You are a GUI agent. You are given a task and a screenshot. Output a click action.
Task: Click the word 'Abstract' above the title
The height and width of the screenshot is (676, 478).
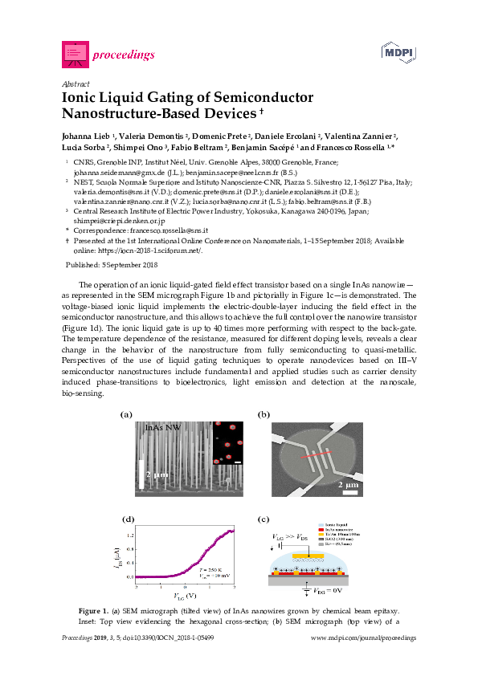click(75, 83)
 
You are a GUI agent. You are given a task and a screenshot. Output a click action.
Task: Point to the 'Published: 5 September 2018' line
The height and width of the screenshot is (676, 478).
click(111, 264)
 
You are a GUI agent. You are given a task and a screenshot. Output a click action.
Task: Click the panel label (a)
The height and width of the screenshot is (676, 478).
click(125, 414)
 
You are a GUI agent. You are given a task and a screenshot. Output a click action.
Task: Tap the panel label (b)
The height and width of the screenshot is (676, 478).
click(264, 414)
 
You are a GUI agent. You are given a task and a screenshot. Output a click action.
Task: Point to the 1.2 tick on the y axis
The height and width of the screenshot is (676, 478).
click(131, 533)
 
